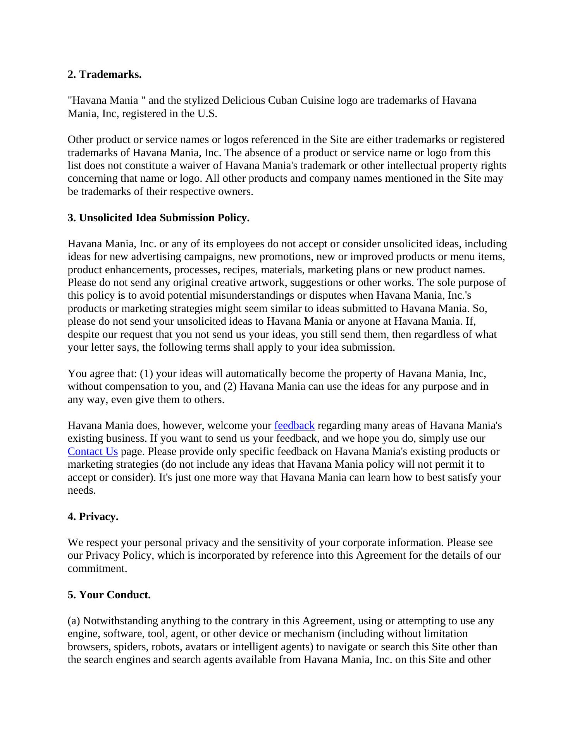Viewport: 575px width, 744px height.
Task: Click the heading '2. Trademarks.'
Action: click(x=105, y=74)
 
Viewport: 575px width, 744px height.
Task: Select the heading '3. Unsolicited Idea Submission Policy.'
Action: click(x=158, y=218)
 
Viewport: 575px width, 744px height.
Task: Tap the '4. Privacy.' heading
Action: click(x=93, y=517)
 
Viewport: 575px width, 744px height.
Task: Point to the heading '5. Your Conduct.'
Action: click(x=109, y=595)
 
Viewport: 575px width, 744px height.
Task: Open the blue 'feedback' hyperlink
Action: click(x=294, y=425)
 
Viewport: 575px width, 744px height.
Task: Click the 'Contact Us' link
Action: click(x=93, y=451)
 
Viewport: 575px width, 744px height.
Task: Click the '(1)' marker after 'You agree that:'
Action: click(x=146, y=374)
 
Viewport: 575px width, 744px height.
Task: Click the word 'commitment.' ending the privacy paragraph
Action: click(x=97, y=568)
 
